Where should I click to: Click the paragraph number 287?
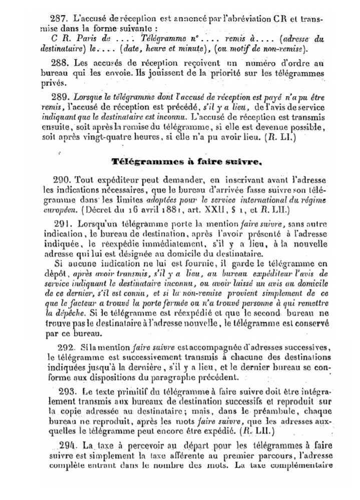click(x=59, y=18)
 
